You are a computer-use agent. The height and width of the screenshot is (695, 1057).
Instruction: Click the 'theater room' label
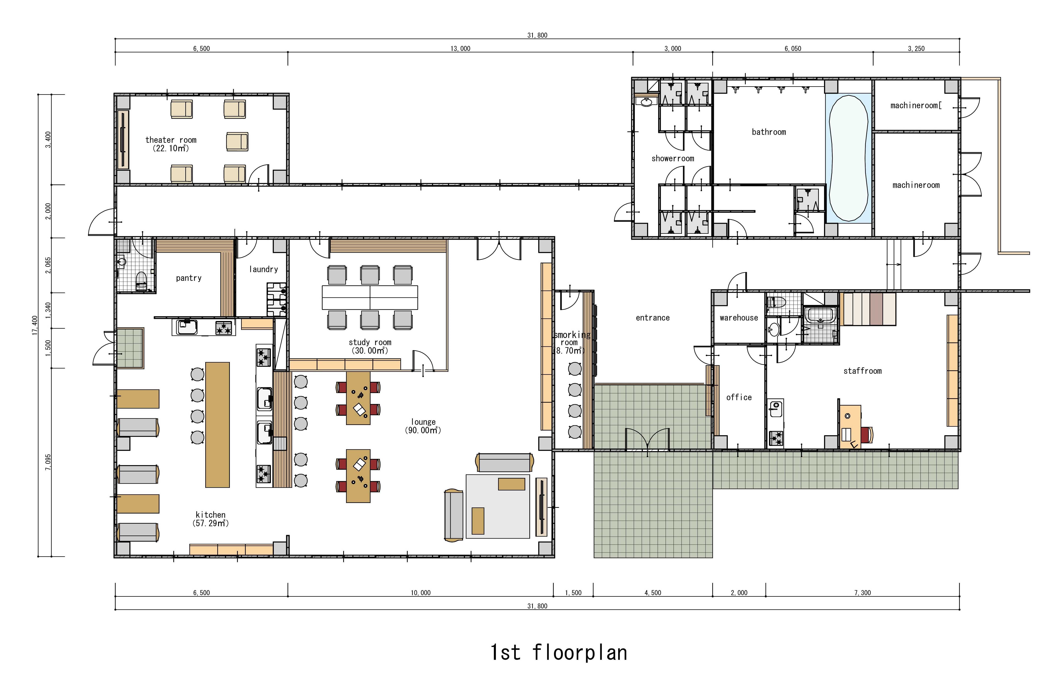click(171, 140)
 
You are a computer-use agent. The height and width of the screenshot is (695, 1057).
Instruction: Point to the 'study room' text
click(370, 342)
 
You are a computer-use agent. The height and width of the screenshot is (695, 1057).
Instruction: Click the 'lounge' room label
click(423, 422)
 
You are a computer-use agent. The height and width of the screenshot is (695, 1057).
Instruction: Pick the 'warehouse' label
click(739, 317)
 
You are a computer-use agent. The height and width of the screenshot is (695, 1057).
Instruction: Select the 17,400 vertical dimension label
click(35, 326)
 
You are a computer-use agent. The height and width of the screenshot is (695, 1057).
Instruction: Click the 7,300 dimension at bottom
click(862, 592)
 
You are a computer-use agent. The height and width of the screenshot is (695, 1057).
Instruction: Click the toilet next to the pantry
click(141, 281)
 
